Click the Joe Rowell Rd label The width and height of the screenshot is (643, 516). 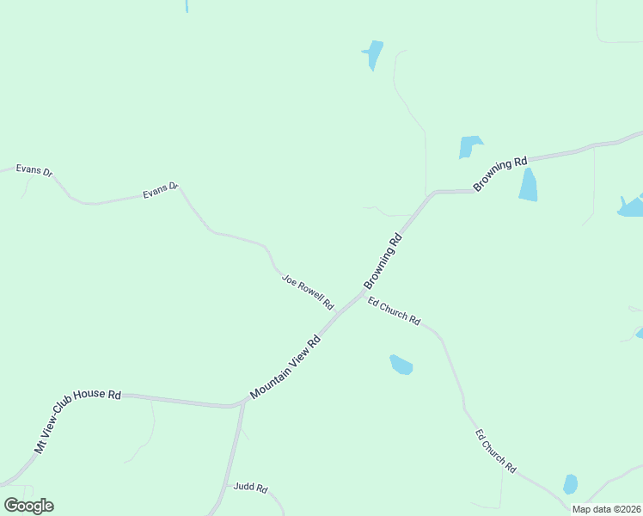pyautogui.click(x=307, y=292)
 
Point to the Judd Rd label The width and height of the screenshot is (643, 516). pyautogui.click(x=250, y=488)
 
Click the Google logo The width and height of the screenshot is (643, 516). pyautogui.click(x=28, y=505)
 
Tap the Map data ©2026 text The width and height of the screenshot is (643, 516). pyautogui.click(x=607, y=509)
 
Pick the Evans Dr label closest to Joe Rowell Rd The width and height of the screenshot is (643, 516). pyautogui.click(x=161, y=190)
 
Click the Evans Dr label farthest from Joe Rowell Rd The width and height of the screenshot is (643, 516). pyautogui.click(x=34, y=170)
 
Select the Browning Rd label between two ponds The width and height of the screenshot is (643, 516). pyautogui.click(x=499, y=175)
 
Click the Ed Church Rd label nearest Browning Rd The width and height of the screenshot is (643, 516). pyautogui.click(x=394, y=310)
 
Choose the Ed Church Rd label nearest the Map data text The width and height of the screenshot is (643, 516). pyautogui.click(x=495, y=451)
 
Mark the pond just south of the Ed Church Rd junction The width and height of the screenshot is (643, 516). pyautogui.click(x=401, y=365)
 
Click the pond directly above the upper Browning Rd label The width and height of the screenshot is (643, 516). pyautogui.click(x=469, y=146)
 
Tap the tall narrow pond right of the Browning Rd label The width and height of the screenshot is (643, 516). pyautogui.click(x=528, y=185)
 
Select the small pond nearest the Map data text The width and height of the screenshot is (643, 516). pyautogui.click(x=570, y=484)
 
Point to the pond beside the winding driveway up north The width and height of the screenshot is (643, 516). pyautogui.click(x=373, y=53)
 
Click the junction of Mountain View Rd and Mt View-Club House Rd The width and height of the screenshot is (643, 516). pyautogui.click(x=238, y=403)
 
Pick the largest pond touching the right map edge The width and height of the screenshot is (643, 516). pyautogui.click(x=632, y=206)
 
